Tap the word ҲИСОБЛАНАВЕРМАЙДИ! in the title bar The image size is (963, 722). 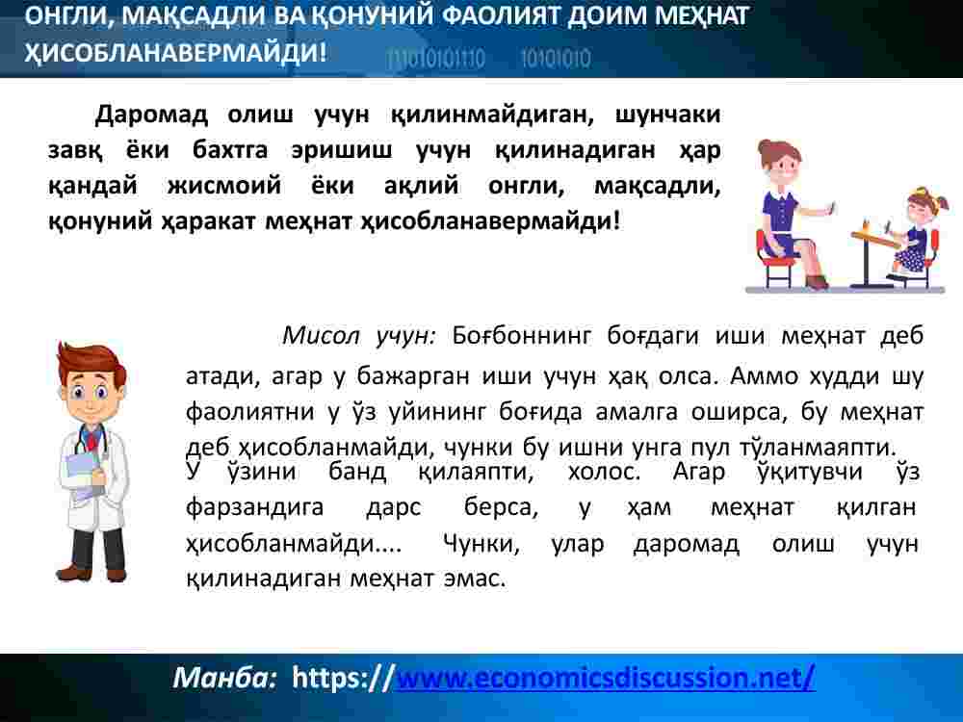(x=175, y=52)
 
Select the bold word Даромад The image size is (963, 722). (x=151, y=115)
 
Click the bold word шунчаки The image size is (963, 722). (x=668, y=116)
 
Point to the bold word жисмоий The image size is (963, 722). (x=224, y=185)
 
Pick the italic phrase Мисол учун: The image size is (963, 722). (x=358, y=336)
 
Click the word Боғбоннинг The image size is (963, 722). (x=521, y=336)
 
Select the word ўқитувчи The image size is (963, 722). (x=810, y=472)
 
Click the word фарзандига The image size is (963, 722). (x=254, y=507)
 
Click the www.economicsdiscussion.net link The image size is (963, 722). (x=606, y=678)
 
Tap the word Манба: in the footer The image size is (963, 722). (x=225, y=677)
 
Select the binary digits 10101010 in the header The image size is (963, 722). (x=556, y=59)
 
